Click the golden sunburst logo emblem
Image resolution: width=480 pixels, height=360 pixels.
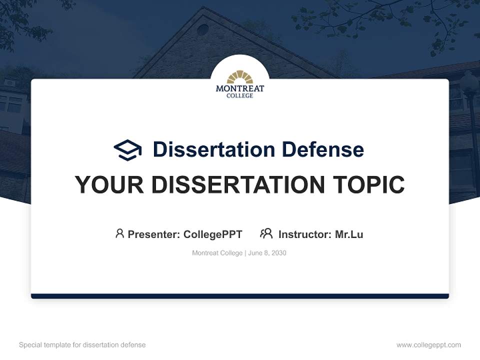point(240,76)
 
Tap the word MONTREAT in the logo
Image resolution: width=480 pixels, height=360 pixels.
point(240,88)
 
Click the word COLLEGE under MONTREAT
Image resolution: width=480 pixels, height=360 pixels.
point(240,95)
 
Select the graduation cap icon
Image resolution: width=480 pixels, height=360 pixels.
point(127,150)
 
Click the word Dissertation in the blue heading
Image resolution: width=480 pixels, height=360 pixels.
point(213,149)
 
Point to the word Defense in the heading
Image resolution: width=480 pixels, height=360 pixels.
point(322,149)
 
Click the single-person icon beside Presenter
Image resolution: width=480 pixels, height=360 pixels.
point(119,233)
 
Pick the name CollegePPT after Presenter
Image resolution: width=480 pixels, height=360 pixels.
point(212,234)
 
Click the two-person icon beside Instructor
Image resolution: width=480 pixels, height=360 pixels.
point(266,233)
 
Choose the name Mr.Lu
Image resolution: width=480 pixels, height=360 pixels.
point(349,234)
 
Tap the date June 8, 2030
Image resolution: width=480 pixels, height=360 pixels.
point(267,253)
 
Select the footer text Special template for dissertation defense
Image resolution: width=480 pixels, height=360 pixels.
point(82,345)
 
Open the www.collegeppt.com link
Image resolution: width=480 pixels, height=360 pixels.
point(428,345)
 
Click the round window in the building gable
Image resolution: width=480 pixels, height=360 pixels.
point(202,29)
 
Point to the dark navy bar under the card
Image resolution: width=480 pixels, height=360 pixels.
point(240,296)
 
